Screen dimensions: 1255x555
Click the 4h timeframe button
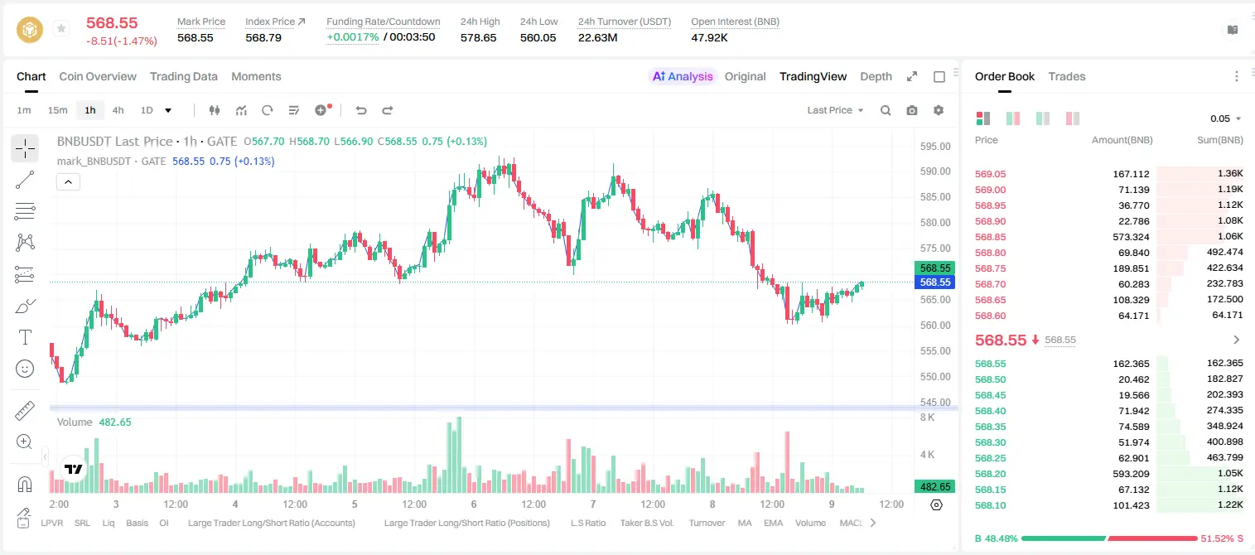coord(118,110)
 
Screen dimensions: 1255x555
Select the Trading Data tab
coord(183,77)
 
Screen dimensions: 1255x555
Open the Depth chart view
coord(876,77)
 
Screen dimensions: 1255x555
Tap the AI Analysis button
coord(683,77)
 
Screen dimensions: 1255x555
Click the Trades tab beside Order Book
coord(1067,77)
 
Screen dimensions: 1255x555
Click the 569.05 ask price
coord(990,174)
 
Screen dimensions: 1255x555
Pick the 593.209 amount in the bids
coord(1131,474)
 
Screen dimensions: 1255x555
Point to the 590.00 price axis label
coord(935,171)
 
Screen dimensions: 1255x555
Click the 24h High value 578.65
coord(479,38)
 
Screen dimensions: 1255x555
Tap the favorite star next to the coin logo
coord(61,28)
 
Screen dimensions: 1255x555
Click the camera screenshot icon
coord(912,110)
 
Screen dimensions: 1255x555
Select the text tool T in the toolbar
coord(25,337)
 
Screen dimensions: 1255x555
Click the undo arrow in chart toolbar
coord(361,110)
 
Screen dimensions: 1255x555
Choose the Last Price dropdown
coord(835,110)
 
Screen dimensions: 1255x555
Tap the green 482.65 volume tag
coord(934,487)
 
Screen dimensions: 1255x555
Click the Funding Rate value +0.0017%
coord(352,37)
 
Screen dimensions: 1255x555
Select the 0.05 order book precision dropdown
coord(1225,118)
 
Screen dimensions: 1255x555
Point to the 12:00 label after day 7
coord(653,504)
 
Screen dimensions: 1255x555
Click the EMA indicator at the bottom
coord(773,523)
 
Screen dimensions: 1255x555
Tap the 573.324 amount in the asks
coord(1131,237)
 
